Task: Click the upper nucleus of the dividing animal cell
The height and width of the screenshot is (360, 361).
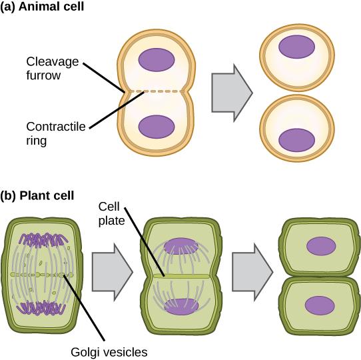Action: [157, 59]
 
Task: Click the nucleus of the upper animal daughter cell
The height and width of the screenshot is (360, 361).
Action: [296, 46]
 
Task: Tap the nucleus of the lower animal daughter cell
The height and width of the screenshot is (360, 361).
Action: [296, 139]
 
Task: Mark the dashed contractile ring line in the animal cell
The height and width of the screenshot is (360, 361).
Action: [157, 92]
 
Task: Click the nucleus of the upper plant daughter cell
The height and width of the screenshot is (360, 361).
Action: [321, 246]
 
